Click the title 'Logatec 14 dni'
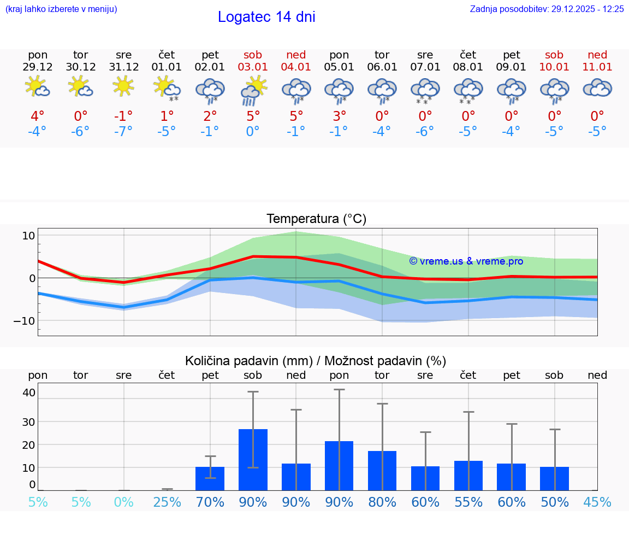(266, 17)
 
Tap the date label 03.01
(253, 67)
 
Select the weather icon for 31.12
(123, 86)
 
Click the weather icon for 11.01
(597, 87)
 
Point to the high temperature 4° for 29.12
(37, 116)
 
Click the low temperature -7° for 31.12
(123, 132)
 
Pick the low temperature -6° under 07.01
(425, 132)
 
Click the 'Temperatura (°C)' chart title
(316, 219)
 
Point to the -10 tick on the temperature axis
(25, 320)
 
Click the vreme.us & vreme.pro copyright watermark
(466, 261)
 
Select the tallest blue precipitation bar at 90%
(253, 459)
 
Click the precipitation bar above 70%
(210, 478)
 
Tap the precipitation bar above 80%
(382, 470)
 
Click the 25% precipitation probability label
(167, 502)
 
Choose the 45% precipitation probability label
(597, 502)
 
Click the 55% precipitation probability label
(468, 502)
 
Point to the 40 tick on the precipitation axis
(29, 392)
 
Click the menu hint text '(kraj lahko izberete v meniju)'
(61, 9)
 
